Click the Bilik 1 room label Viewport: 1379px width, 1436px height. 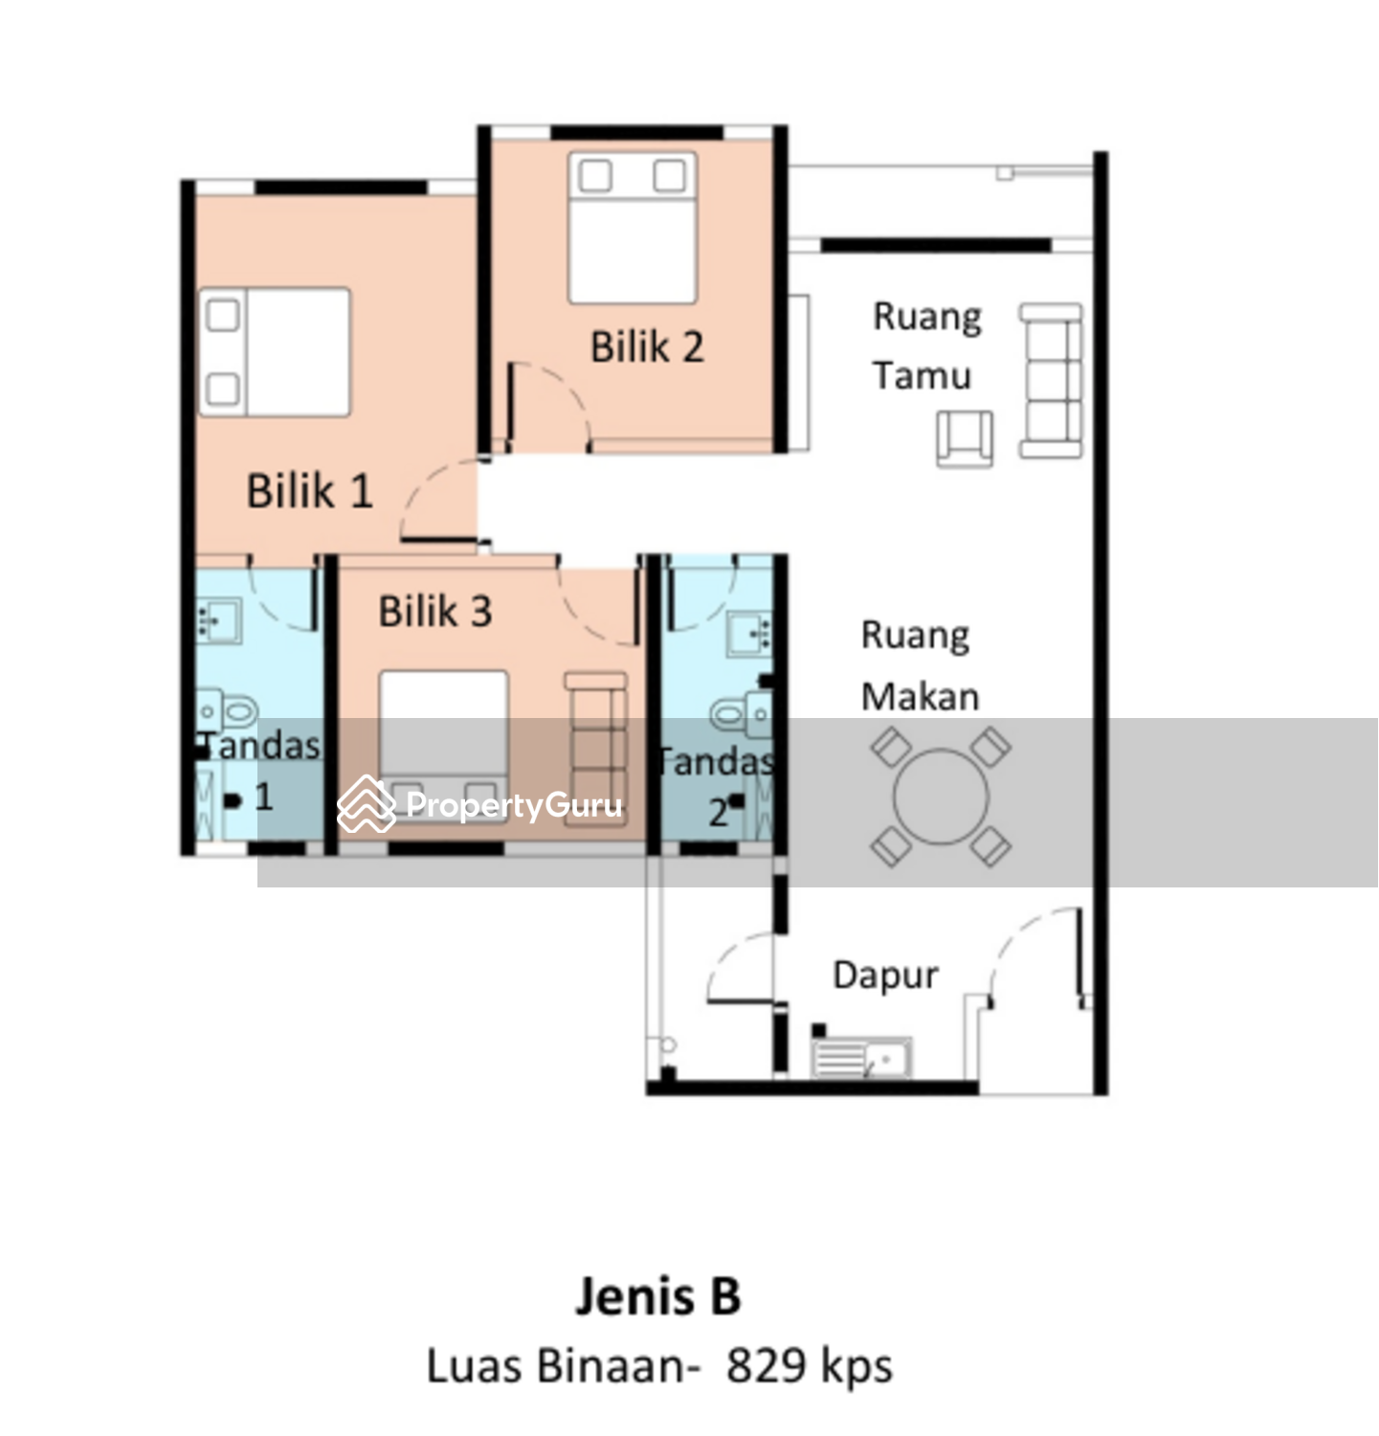pyautogui.click(x=309, y=491)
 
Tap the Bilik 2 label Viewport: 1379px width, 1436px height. pyautogui.click(x=647, y=347)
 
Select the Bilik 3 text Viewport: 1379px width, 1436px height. pyautogui.click(x=435, y=611)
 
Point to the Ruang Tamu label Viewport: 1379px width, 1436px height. pyautogui.click(x=926, y=347)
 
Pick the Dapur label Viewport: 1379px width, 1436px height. pyautogui.click(x=885, y=976)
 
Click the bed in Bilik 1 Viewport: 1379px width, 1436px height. pyautogui.click(x=275, y=352)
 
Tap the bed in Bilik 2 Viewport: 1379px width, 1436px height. pyautogui.click(x=633, y=228)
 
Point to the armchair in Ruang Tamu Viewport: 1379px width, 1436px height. pyautogui.click(x=965, y=438)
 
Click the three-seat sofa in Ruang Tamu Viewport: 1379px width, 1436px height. pyautogui.click(x=1051, y=381)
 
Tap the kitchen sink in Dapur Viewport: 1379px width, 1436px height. pyautogui.click(x=861, y=1058)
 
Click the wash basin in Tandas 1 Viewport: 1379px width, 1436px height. pyautogui.click(x=219, y=621)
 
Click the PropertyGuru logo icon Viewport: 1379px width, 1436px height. pyautogui.click(x=367, y=803)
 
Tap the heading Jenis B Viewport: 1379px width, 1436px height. pyautogui.click(x=658, y=1296)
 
